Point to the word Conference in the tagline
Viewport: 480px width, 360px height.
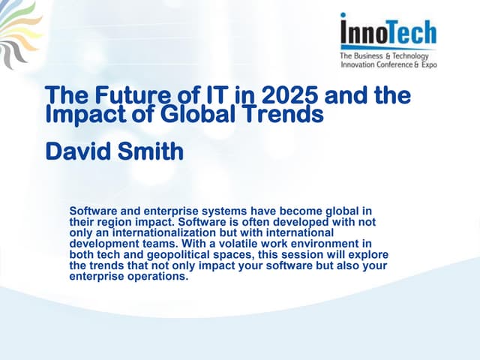[388, 65]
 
